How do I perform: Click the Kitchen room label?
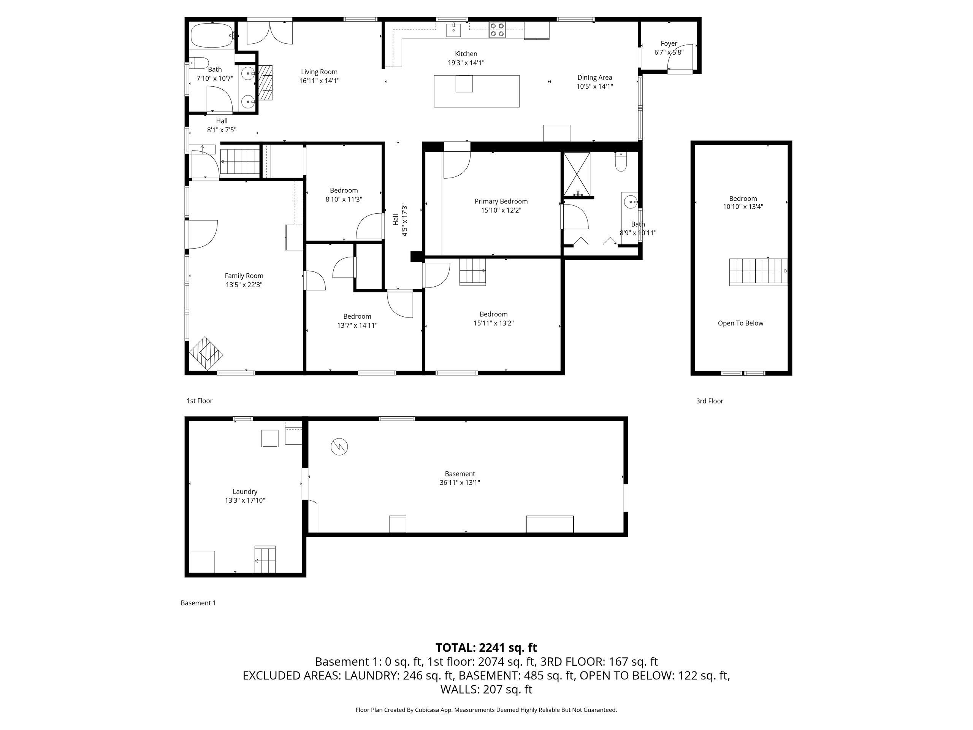coord(466,54)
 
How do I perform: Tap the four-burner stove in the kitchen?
coord(498,30)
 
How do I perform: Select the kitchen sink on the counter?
coord(453,30)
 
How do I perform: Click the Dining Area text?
coord(595,78)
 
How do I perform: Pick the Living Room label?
coord(319,72)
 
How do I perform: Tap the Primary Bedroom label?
coord(501,202)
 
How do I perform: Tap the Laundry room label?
coord(245,492)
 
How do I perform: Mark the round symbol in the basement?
coord(339,447)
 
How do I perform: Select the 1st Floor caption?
coord(200,401)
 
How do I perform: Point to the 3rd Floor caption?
coord(710,401)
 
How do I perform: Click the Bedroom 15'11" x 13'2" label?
coord(494,319)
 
